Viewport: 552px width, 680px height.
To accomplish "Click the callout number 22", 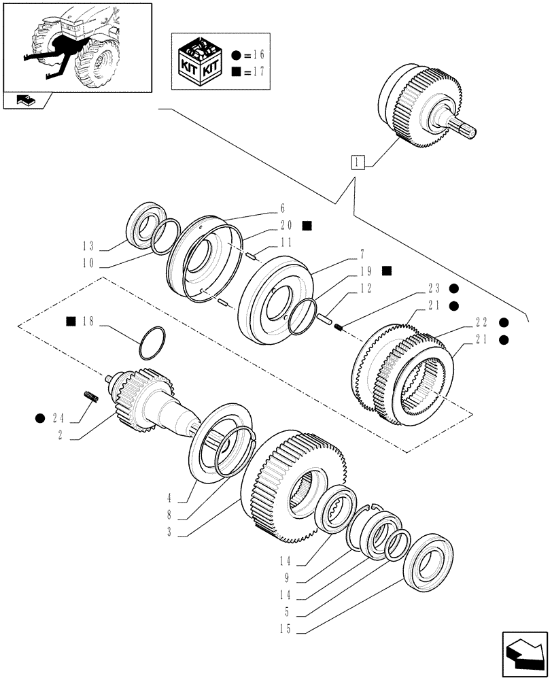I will click(483, 322).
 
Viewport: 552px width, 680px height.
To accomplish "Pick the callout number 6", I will click(283, 209).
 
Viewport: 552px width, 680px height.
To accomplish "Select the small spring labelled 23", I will click(341, 328).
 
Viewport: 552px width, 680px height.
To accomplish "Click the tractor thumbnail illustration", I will click(76, 46).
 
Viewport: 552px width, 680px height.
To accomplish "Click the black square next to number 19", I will click(387, 271).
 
